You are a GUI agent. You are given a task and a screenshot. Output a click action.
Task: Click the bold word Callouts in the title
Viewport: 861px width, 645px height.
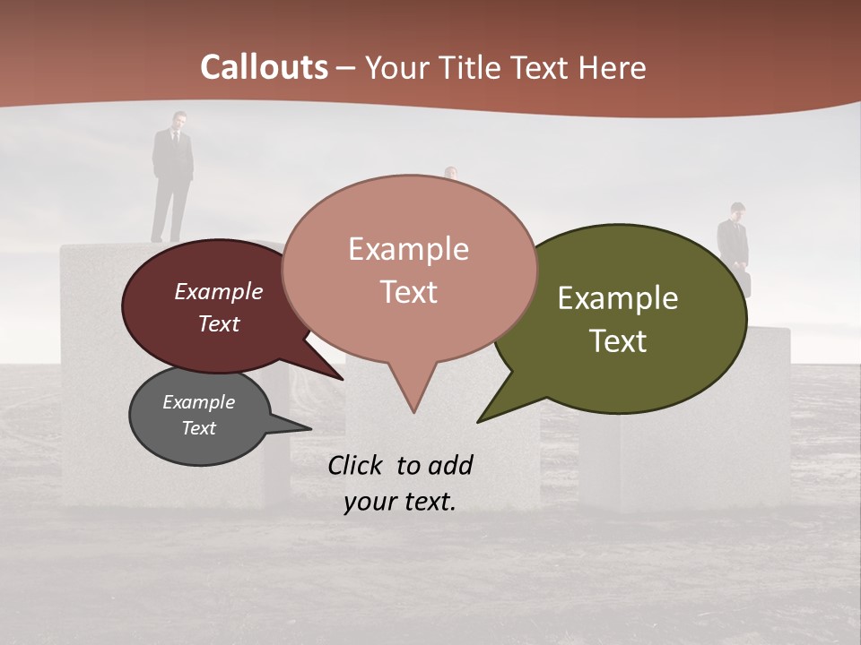(x=264, y=67)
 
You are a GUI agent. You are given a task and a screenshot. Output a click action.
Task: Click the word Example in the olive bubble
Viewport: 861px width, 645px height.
(x=618, y=298)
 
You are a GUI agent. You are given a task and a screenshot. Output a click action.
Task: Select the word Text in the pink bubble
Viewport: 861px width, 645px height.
(x=409, y=292)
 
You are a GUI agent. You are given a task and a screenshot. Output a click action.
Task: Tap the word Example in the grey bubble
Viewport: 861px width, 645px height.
(x=198, y=402)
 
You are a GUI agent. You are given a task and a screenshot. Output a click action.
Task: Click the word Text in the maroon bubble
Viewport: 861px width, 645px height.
(x=219, y=323)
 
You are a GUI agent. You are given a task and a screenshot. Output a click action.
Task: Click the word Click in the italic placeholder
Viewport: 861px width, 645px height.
(x=356, y=465)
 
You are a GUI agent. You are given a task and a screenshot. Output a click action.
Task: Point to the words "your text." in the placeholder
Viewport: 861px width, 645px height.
(x=399, y=502)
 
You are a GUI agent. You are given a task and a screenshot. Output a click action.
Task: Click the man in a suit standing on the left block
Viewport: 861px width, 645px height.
(x=172, y=175)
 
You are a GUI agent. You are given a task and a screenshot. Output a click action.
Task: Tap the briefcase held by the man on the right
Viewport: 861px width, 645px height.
(x=744, y=282)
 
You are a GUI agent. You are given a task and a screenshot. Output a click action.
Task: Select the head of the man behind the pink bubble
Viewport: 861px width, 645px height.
(x=451, y=172)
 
